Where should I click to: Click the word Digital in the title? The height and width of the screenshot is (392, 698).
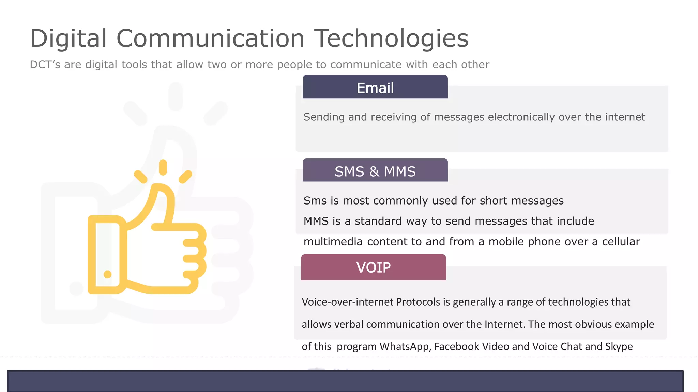[x=69, y=38]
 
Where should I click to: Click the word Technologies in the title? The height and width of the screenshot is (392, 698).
[x=391, y=38]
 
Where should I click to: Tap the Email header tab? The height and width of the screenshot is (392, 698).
[x=375, y=87]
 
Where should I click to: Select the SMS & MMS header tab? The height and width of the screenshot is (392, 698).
[x=375, y=171]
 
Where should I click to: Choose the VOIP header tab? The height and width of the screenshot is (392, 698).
[x=373, y=267]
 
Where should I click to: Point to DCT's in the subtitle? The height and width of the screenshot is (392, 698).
[x=45, y=64]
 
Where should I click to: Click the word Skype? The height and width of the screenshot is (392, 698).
[x=619, y=347]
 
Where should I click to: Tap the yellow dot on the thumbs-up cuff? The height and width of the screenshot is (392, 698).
[x=108, y=274]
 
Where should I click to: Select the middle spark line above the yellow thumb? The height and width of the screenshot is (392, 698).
[x=163, y=167]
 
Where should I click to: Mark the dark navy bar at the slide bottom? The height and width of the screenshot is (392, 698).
[x=345, y=381]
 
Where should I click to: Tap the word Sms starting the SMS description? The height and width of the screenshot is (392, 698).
[x=315, y=201]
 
